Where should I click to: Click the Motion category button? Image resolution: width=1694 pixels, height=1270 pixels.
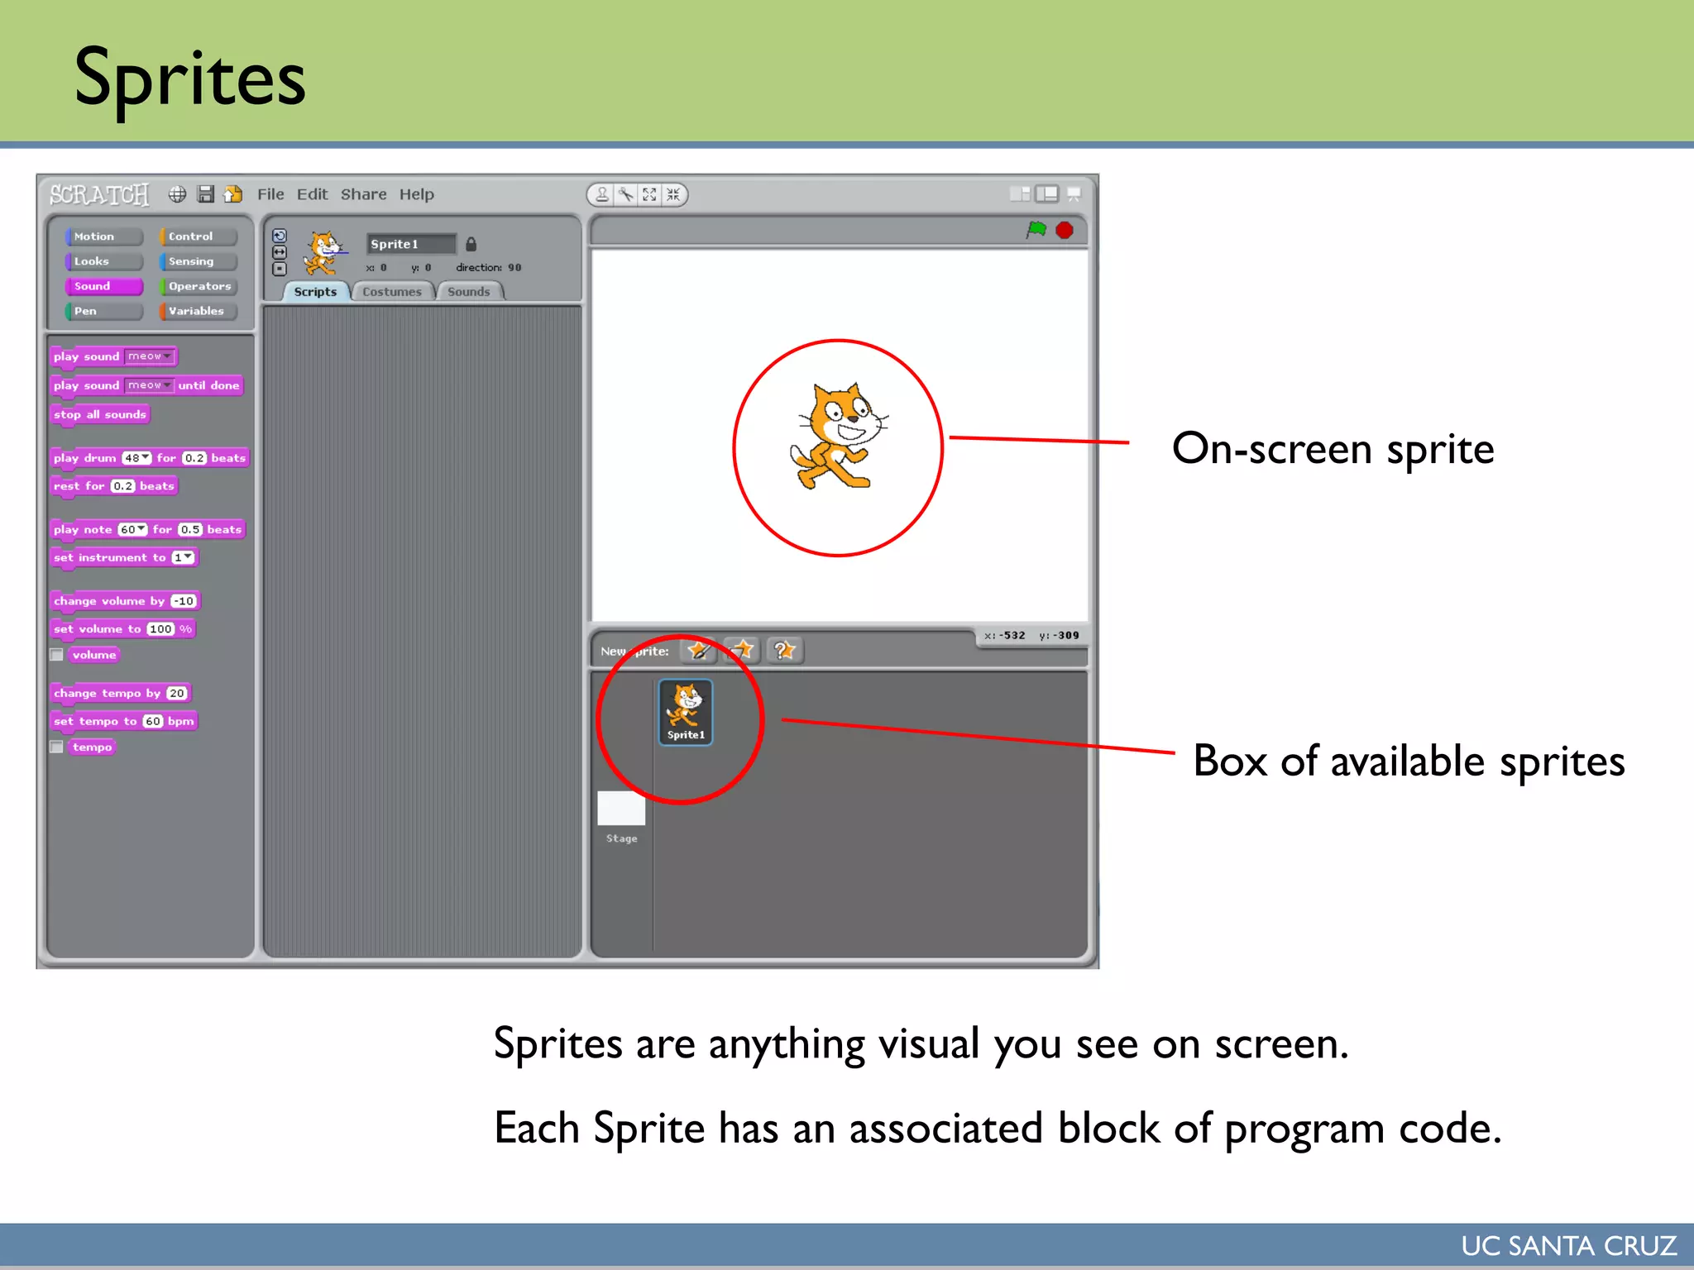(x=103, y=236)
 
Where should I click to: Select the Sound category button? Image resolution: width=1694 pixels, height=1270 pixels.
(x=103, y=286)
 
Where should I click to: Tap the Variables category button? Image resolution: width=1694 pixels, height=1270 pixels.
(x=198, y=311)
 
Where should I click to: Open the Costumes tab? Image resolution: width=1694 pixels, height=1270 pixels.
(x=392, y=292)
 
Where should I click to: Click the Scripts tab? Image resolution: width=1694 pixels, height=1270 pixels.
(x=315, y=292)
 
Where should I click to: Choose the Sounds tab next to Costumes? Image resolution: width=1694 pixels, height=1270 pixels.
(x=469, y=292)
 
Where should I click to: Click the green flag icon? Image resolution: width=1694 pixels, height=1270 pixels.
(x=1036, y=230)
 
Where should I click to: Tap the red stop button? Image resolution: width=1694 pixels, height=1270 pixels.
(x=1065, y=230)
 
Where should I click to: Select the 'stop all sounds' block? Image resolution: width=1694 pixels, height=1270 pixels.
(x=100, y=414)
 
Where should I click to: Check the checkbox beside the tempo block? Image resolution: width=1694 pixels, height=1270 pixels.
(x=57, y=747)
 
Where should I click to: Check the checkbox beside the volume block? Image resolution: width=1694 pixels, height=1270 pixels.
(x=57, y=655)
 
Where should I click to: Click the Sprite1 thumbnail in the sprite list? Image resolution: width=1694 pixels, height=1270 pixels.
(x=686, y=711)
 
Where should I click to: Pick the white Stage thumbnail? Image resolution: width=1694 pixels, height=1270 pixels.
(x=621, y=809)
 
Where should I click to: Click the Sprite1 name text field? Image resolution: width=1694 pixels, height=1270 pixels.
(x=410, y=244)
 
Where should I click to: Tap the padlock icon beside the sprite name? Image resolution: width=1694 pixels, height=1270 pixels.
(x=471, y=244)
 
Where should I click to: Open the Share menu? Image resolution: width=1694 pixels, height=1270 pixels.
(x=363, y=194)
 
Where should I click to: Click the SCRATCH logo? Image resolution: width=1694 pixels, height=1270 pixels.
(x=99, y=195)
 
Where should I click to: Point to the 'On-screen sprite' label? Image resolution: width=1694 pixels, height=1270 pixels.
(x=1333, y=449)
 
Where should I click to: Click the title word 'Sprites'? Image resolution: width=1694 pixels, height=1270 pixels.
(x=190, y=79)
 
